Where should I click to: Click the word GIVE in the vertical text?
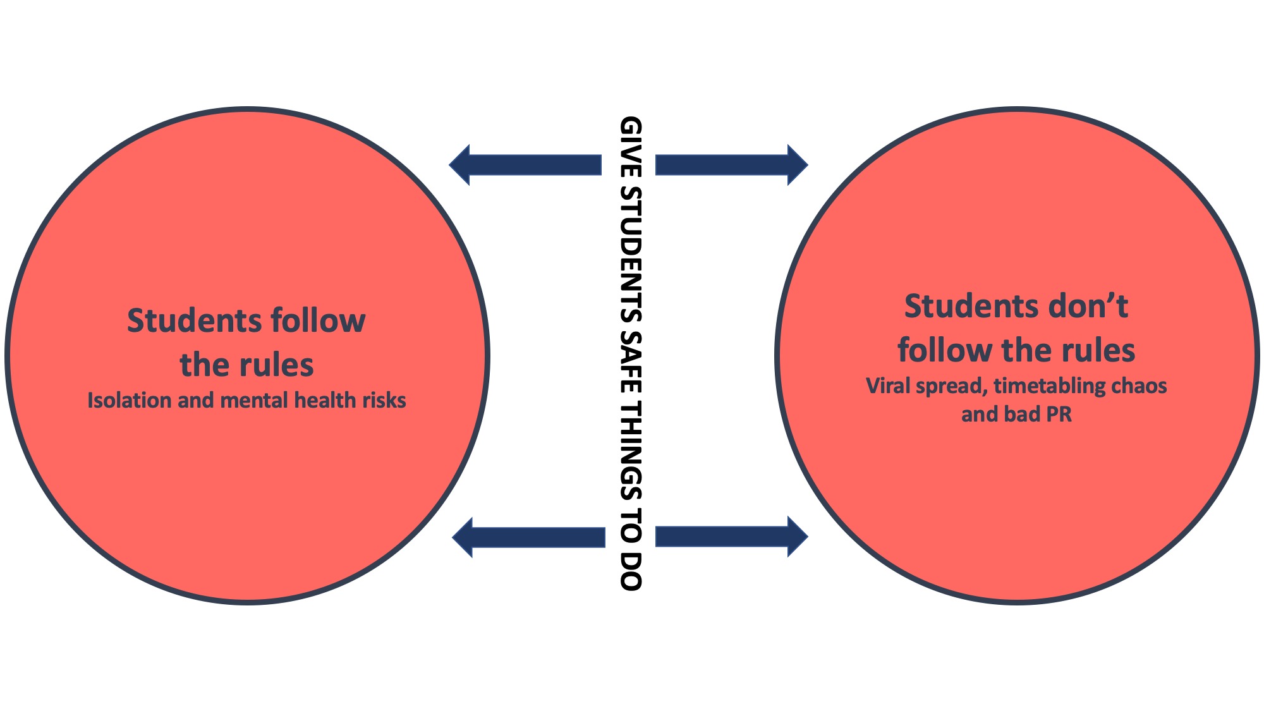(x=631, y=146)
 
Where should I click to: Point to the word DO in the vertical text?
(x=631, y=571)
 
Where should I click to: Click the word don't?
(x=1088, y=306)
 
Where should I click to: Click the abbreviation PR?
(x=1059, y=415)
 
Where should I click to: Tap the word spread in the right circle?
(x=952, y=386)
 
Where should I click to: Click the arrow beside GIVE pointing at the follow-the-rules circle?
(x=525, y=165)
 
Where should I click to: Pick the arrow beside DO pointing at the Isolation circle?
(x=528, y=537)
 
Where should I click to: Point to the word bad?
(x=1021, y=415)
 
